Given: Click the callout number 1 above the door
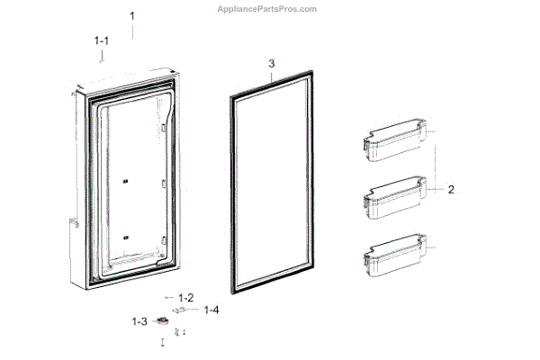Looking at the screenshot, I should (132, 16).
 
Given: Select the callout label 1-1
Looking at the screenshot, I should (102, 40).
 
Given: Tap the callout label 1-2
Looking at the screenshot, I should (186, 297).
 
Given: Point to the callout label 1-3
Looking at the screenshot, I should (139, 321).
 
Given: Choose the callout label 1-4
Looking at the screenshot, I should (211, 310).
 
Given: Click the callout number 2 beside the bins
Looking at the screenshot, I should (452, 190).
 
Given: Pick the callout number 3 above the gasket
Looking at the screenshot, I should (271, 64).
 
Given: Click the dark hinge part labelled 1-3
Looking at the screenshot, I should (162, 319).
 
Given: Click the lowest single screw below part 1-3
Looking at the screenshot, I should (163, 342).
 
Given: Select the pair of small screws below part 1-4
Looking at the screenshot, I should (180, 332).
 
